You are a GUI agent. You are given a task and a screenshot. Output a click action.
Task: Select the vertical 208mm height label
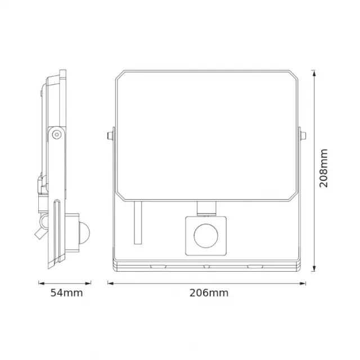point(323,169)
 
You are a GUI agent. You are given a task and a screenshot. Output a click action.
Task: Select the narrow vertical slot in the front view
point(138,224)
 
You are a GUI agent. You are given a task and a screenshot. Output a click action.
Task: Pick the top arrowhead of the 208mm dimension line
point(313,72)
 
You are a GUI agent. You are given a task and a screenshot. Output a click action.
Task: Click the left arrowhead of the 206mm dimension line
point(110,282)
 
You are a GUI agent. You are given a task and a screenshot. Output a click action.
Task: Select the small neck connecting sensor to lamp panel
point(206,208)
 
